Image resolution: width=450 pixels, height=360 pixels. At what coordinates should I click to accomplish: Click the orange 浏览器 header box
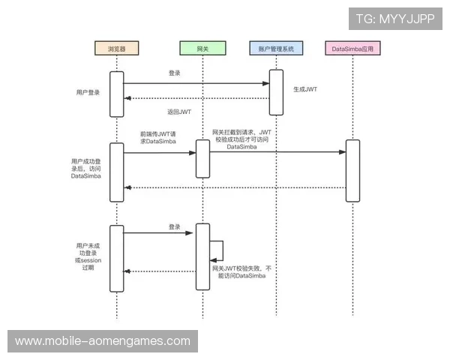[x=117, y=49]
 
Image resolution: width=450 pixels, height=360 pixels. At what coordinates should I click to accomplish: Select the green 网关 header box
[x=202, y=49]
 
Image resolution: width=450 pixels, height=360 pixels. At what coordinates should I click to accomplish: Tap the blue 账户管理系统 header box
[x=276, y=49]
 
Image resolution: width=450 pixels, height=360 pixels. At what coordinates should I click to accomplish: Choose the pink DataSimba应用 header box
[x=352, y=49]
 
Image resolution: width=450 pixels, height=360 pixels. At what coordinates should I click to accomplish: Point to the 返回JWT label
[x=180, y=112]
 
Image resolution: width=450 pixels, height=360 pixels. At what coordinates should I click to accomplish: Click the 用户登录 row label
[x=88, y=92]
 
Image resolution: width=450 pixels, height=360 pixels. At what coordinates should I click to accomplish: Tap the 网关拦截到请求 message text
[x=241, y=139]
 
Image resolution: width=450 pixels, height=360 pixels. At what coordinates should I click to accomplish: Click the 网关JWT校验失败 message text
[x=241, y=271]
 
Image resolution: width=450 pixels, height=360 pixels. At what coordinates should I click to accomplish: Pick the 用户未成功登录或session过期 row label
[x=88, y=259]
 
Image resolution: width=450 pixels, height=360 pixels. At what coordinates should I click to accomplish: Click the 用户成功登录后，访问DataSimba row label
[x=88, y=169]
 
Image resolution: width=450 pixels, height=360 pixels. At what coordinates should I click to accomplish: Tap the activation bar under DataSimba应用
[x=352, y=169]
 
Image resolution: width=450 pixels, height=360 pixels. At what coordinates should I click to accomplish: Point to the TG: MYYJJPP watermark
[x=395, y=19]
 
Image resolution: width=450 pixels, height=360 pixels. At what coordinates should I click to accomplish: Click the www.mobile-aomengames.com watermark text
[x=103, y=341]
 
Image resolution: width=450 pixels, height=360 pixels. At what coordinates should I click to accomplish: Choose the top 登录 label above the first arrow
[x=175, y=73]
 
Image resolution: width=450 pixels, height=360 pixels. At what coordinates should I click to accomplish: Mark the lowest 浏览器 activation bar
[x=117, y=257]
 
